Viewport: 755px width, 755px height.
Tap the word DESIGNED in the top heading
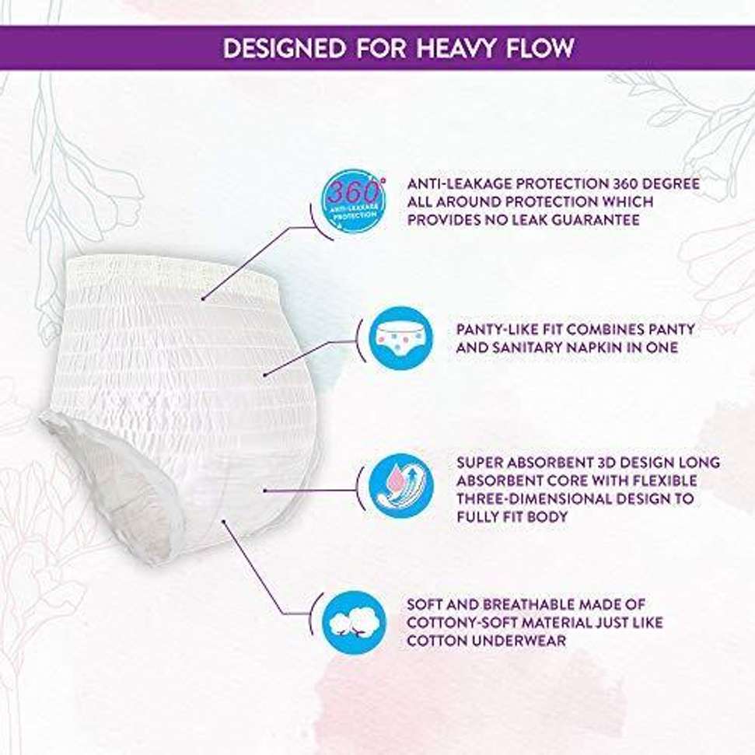(x=282, y=48)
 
